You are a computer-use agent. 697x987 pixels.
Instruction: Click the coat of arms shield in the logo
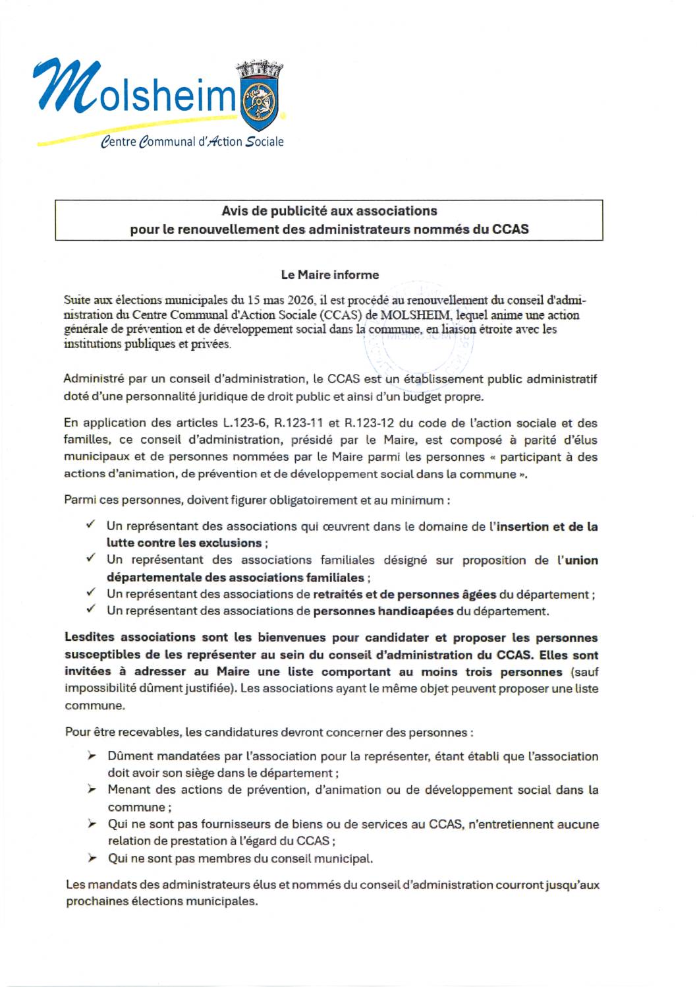tap(261, 102)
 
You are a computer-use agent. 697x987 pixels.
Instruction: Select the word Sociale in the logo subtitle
tap(264, 142)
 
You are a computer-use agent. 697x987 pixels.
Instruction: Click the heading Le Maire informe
tap(329, 275)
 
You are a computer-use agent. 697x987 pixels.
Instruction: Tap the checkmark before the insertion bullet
tap(90, 525)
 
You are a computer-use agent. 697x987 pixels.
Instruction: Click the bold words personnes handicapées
tap(383, 611)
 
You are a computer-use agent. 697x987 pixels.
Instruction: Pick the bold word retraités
tap(337, 594)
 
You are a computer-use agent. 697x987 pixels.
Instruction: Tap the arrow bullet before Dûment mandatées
tap(92, 756)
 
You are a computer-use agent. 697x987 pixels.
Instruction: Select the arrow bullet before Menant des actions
tap(92, 789)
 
